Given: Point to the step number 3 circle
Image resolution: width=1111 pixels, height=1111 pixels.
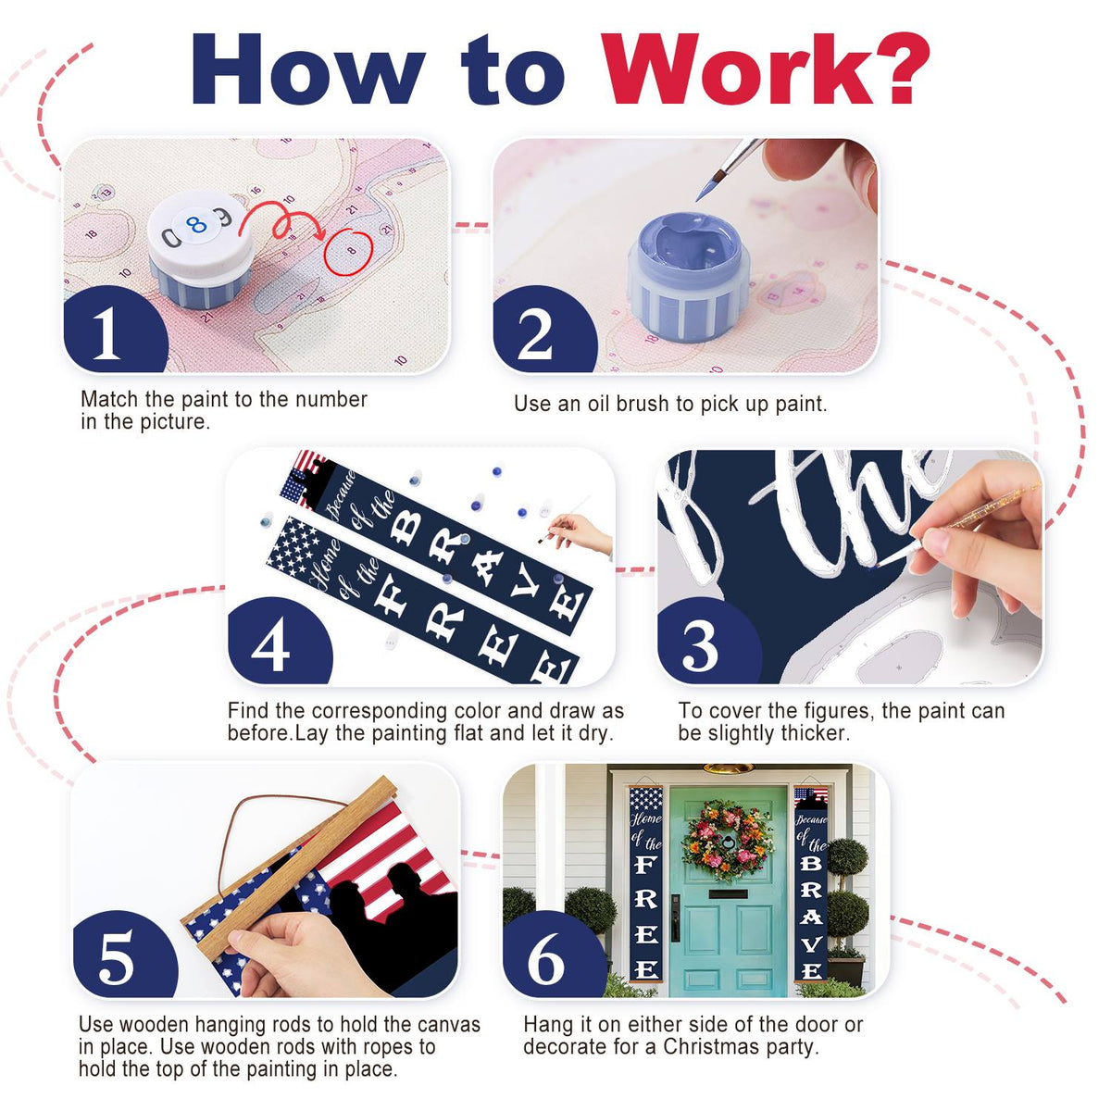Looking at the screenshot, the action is point(708,643).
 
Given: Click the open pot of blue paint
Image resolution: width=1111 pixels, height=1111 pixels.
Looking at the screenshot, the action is point(688,277).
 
